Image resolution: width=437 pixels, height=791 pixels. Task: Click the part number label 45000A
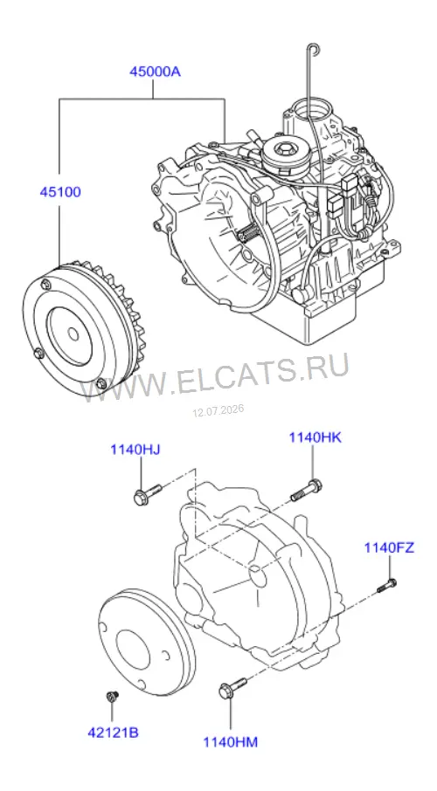pyautogui.click(x=155, y=72)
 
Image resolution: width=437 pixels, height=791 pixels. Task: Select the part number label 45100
pyautogui.click(x=60, y=192)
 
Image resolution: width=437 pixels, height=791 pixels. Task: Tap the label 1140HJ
pyautogui.click(x=135, y=449)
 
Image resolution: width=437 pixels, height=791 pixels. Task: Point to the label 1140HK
pyautogui.click(x=316, y=437)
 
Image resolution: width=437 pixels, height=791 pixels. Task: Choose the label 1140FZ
pyautogui.click(x=390, y=547)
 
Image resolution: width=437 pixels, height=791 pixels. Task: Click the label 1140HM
pyautogui.click(x=231, y=742)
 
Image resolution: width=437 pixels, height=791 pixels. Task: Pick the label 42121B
pyautogui.click(x=113, y=733)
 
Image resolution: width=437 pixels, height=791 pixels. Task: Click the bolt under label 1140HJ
pyautogui.click(x=147, y=494)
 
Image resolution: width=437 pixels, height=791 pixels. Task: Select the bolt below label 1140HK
pyautogui.click(x=306, y=490)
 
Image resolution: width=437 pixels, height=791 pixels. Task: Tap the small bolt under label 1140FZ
pyautogui.click(x=387, y=586)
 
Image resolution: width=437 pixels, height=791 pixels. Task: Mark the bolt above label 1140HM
pyautogui.click(x=232, y=689)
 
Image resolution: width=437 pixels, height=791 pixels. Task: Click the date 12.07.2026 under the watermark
pyautogui.click(x=218, y=410)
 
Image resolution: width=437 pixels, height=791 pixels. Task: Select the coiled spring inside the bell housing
pyautogui.click(x=248, y=234)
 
